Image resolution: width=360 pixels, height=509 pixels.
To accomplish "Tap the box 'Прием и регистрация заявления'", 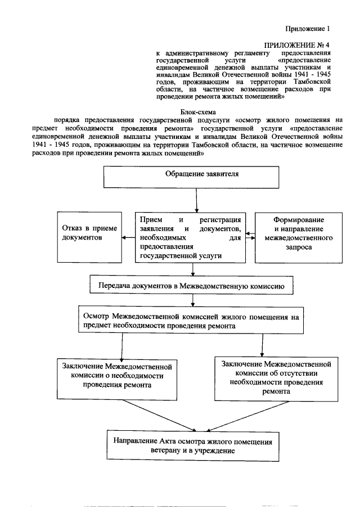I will click(x=190, y=237).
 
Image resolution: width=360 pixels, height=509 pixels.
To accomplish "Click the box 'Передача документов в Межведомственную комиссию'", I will click(x=191, y=286).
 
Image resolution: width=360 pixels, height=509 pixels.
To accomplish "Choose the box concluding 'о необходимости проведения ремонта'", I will click(x=116, y=377).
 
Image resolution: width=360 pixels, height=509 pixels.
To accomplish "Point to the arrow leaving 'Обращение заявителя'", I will click(x=196, y=199).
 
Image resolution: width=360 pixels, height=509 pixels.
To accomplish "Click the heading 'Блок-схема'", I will click(x=193, y=111).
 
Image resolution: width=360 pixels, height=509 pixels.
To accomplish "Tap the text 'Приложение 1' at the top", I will click(x=305, y=28).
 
